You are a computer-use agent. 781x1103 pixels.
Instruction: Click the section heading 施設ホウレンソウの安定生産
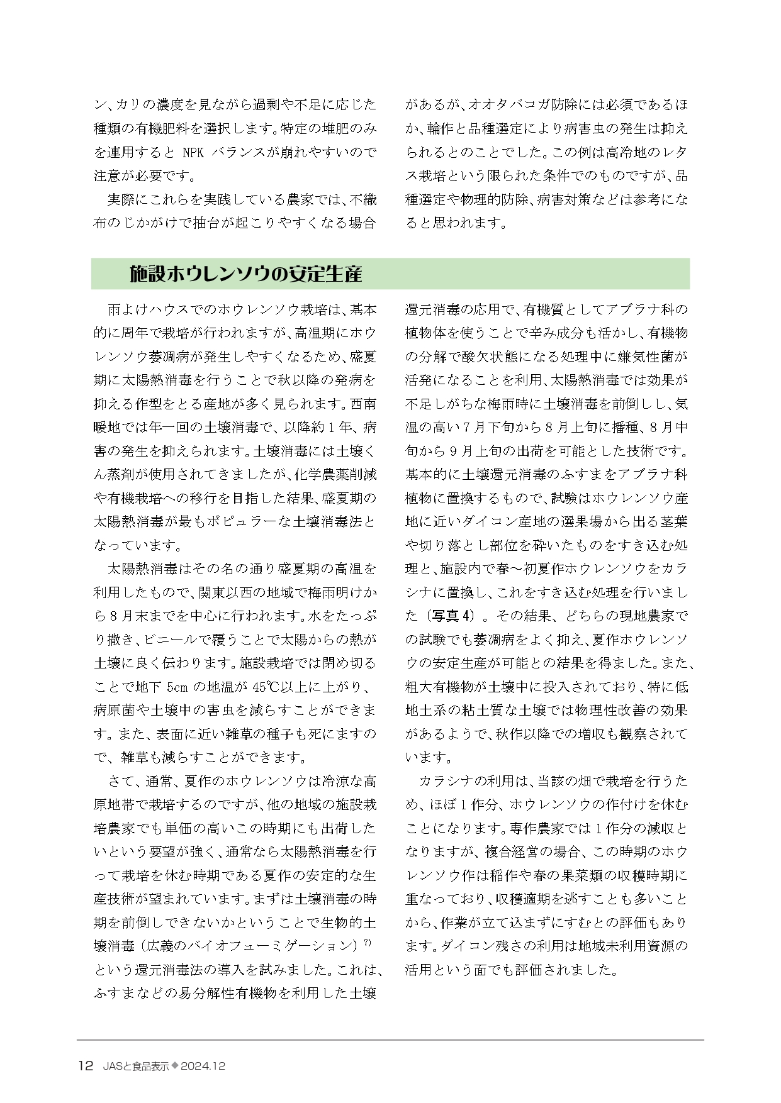[245, 274]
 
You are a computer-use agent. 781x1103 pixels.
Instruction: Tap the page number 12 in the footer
[85, 1066]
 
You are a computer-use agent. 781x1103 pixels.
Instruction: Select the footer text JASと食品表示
[135, 1066]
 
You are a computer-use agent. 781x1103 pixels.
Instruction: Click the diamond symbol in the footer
[175, 1066]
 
